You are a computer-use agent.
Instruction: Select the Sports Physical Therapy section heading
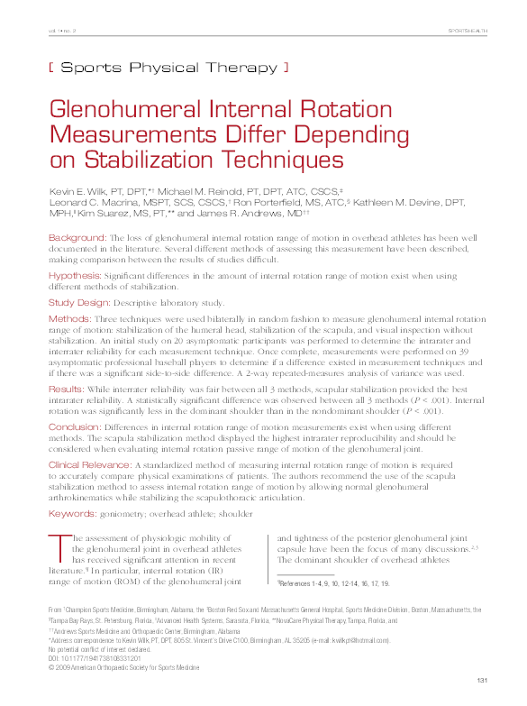pyautogui.click(x=168, y=67)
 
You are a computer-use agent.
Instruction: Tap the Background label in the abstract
pyautogui.click(x=77, y=237)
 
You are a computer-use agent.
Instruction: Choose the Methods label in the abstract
pyautogui.click(x=68, y=319)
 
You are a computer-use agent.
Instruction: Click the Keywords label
pyautogui.click(x=72, y=513)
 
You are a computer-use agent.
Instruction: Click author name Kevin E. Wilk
pyautogui.click(x=86, y=191)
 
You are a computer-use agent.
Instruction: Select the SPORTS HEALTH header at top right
pyautogui.click(x=468, y=32)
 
